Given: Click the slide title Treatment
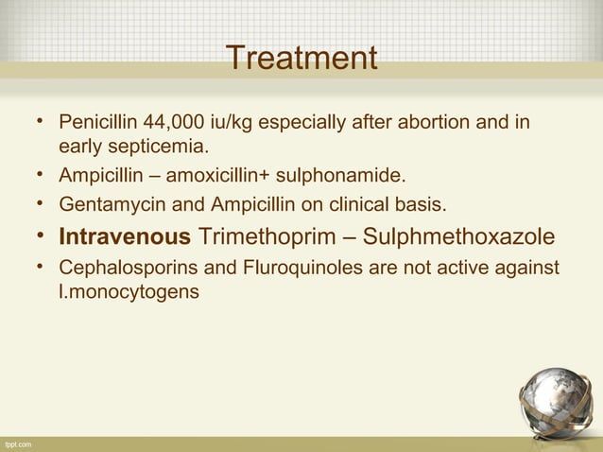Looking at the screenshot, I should [301, 59].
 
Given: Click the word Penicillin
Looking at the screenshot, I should [97, 124].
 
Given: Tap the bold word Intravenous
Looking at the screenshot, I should [125, 235].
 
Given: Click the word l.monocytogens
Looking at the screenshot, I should [129, 292].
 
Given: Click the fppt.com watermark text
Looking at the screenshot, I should [17, 443].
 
